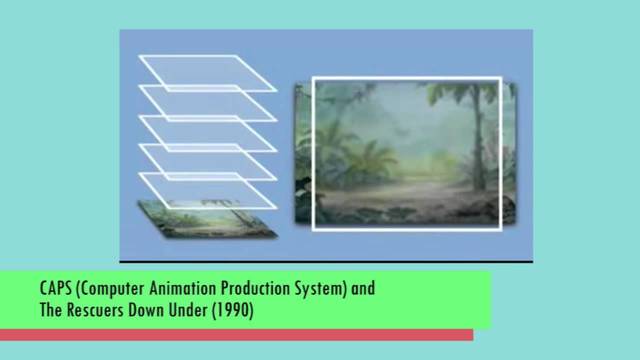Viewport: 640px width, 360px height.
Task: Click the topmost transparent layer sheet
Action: click(207, 72)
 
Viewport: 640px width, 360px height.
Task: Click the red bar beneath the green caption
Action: click(240, 334)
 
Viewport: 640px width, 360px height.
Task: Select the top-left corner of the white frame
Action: click(314, 79)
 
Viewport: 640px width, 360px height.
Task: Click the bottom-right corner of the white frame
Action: click(500, 229)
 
